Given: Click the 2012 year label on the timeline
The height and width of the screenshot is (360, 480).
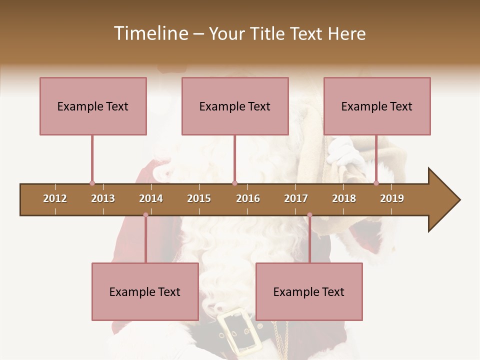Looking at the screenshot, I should pyautogui.click(x=55, y=198).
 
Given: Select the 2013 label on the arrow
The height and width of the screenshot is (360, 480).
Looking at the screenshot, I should pyautogui.click(x=103, y=198).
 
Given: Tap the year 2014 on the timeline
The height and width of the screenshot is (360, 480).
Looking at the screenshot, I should pyautogui.click(x=151, y=198).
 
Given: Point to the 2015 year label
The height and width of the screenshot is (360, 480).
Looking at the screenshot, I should pyautogui.click(x=199, y=198).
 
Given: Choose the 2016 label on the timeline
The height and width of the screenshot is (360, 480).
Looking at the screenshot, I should pyautogui.click(x=248, y=198).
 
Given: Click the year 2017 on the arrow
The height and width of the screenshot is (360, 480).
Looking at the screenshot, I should pyautogui.click(x=296, y=198).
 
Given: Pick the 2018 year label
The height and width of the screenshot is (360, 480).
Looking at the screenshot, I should pyautogui.click(x=344, y=198).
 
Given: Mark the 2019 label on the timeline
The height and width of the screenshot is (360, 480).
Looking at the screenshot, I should pyautogui.click(x=392, y=198).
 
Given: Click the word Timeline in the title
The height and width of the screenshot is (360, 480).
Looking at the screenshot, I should pyautogui.click(x=149, y=33).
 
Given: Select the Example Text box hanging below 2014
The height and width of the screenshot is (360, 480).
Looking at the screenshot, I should pyautogui.click(x=145, y=291).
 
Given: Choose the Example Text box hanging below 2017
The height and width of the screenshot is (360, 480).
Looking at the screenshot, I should pyautogui.click(x=309, y=291).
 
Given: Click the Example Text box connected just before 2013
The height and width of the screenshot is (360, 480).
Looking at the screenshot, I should pyautogui.click(x=93, y=106).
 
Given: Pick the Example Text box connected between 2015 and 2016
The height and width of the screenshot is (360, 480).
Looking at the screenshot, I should pyautogui.click(x=235, y=106).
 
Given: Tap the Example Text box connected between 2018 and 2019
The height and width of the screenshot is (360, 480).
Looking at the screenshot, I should pyautogui.click(x=377, y=106).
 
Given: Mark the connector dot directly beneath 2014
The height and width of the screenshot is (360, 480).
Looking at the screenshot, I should pyautogui.click(x=145, y=215).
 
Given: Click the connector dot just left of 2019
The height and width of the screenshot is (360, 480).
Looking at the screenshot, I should pyautogui.click(x=376, y=183).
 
